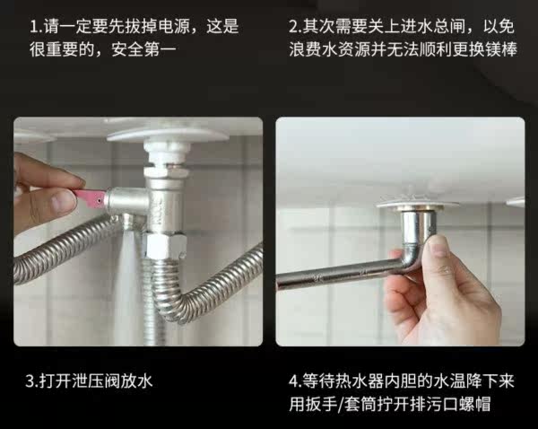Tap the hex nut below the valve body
pos(164,246)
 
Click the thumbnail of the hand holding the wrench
pos(438,245)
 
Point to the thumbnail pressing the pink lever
pos(64,201)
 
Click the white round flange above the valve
pos(168,135)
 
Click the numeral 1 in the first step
pos(34,27)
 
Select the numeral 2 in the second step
pos(292,27)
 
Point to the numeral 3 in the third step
pos(30,381)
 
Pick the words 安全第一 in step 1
pos(143,49)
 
